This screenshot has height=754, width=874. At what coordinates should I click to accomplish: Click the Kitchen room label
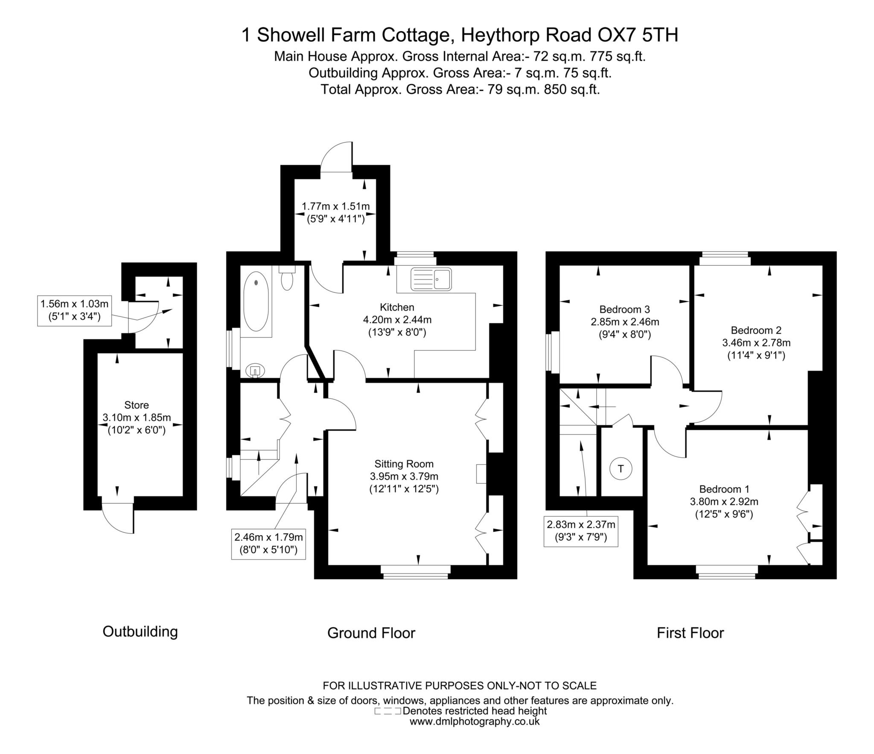click(397, 307)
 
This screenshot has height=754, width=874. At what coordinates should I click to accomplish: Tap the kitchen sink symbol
click(431, 279)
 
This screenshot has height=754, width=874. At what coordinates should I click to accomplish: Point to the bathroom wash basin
click(256, 371)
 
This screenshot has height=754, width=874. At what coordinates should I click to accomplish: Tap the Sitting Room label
click(404, 464)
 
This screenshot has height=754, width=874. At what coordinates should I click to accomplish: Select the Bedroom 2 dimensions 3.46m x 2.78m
click(756, 342)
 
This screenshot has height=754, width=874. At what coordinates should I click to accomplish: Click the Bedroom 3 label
click(624, 309)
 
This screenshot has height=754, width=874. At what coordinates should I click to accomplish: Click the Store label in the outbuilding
click(137, 405)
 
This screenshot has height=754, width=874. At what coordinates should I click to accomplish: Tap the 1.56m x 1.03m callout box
click(74, 310)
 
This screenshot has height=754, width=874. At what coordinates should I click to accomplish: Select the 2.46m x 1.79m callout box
click(269, 543)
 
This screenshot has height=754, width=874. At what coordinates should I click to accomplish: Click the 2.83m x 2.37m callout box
click(581, 531)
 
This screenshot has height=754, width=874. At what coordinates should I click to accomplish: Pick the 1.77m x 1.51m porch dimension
click(335, 207)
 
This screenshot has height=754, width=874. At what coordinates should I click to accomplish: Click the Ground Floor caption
click(371, 633)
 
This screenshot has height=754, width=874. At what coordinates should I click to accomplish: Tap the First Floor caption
click(690, 633)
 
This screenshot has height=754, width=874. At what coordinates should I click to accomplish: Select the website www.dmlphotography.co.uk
click(475, 722)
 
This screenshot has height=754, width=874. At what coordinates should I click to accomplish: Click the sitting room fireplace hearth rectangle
click(481, 473)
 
